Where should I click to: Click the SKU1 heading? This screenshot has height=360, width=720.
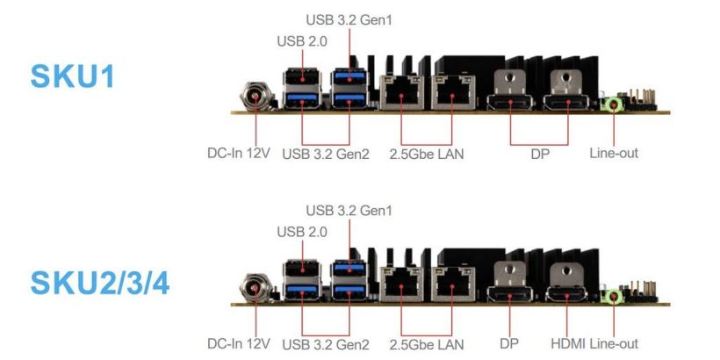(73, 76)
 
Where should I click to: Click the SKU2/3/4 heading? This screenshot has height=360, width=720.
(100, 284)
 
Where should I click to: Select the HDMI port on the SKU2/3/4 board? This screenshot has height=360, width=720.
(566, 295)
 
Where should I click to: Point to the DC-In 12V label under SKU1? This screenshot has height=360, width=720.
(239, 153)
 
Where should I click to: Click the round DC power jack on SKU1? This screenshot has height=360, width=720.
(254, 97)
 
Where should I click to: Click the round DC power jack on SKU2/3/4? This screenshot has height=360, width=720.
(254, 288)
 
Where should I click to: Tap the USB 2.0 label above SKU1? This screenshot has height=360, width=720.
(302, 41)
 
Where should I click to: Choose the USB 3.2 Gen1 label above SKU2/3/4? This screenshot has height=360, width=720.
(349, 211)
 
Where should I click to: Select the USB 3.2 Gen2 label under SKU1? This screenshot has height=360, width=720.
(326, 154)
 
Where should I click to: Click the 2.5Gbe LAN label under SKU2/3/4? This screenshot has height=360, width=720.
(426, 344)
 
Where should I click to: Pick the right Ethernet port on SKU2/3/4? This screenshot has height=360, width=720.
(452, 284)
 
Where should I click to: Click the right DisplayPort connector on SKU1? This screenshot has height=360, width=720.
(566, 103)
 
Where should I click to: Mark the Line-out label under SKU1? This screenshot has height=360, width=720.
(614, 153)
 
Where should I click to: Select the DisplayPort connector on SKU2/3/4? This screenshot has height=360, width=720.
(509, 295)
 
